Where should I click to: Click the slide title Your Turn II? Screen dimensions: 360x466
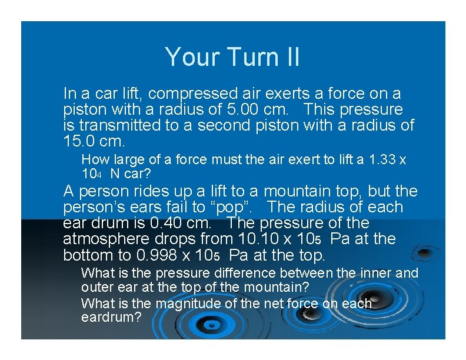pyautogui.click(x=232, y=57)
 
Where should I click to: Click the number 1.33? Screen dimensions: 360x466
pyautogui.click(x=382, y=159)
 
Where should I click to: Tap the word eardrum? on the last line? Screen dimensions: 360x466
pyautogui.click(x=111, y=317)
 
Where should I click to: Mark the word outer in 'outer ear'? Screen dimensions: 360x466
pyautogui.click(x=96, y=288)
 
